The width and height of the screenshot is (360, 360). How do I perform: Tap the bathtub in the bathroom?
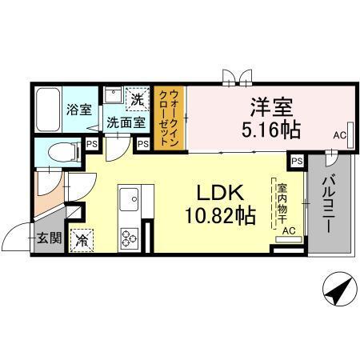point(49,110)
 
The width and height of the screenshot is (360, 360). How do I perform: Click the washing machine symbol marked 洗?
point(138,99)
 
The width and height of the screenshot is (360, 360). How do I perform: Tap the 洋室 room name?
point(273,106)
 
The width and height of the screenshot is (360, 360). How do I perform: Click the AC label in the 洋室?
point(339,135)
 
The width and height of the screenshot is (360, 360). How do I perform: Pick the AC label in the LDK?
point(289,230)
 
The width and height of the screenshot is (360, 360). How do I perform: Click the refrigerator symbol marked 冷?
point(82,238)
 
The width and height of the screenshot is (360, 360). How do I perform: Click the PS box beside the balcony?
point(297,161)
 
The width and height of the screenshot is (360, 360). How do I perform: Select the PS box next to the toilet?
point(93,145)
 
